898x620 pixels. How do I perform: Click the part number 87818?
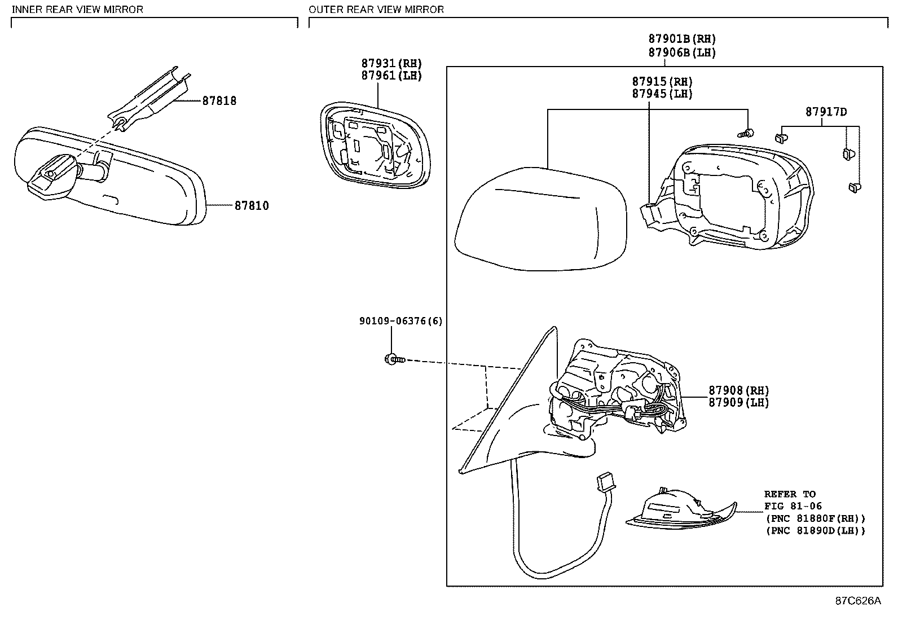219,101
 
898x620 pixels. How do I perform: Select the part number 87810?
252,206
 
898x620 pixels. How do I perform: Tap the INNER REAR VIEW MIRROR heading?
77,10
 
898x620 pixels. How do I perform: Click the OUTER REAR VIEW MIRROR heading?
376,10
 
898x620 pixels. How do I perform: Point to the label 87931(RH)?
391,64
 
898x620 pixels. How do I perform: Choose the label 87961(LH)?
391,76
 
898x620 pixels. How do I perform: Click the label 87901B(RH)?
681,39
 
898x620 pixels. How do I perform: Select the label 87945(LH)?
662,94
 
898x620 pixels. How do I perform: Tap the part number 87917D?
826,112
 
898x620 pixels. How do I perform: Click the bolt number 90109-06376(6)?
400,321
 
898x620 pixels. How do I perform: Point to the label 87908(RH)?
738,390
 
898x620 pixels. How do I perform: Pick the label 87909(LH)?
738,402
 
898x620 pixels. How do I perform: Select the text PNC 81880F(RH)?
815,518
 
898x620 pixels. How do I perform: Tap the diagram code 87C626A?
857,601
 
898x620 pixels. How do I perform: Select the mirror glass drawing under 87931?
375,144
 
